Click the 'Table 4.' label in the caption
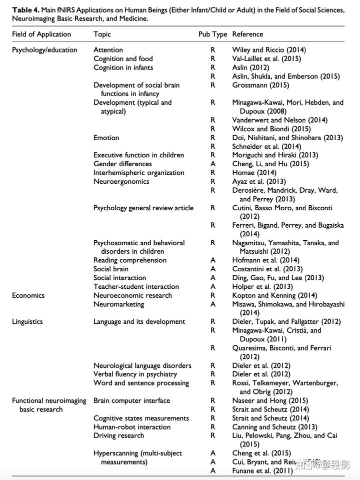pyautogui.click(x=26, y=10)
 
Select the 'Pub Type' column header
pyautogui.click(x=212, y=35)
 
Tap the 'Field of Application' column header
pyautogui.click(x=41, y=35)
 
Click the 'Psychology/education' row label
pyautogui.click(x=44, y=50)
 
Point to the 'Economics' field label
pyautogui.click(x=28, y=295)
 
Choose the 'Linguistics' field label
pyautogui.click(x=27, y=322)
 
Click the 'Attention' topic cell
pyautogui.click(x=108, y=50)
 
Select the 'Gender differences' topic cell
pyautogui.click(x=122, y=164)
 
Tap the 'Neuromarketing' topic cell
pyautogui.click(x=118, y=304)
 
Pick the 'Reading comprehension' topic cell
pyautogui.click(x=130, y=260)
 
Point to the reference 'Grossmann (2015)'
pyautogui.click(x=260, y=85)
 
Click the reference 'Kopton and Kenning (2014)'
pyautogui.click(x=274, y=295)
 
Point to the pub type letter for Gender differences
pyautogui.click(x=213, y=164)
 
